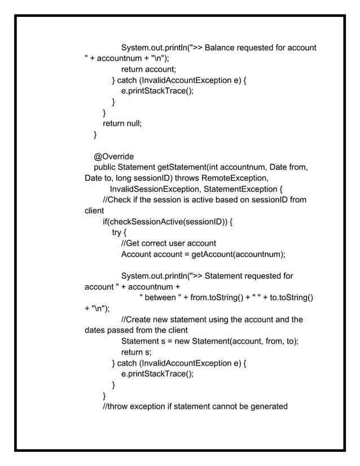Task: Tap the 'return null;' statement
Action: pos(122,124)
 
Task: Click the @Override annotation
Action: pos(114,156)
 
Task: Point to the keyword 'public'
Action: pos(106,167)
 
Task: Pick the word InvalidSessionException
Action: pos(155,188)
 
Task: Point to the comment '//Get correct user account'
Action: pos(169,243)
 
